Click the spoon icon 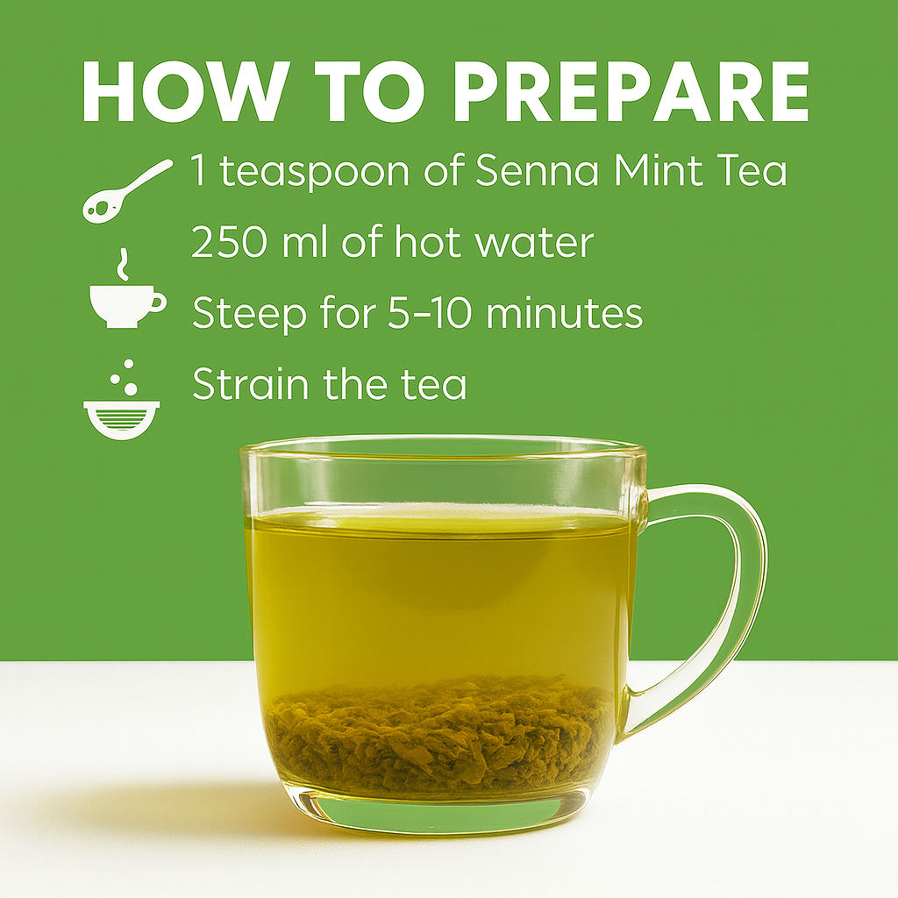click(126, 190)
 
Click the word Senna click(538, 170)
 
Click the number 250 click(229, 242)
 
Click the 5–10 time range click(430, 313)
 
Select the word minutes click(564, 313)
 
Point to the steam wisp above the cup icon click(122, 265)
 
